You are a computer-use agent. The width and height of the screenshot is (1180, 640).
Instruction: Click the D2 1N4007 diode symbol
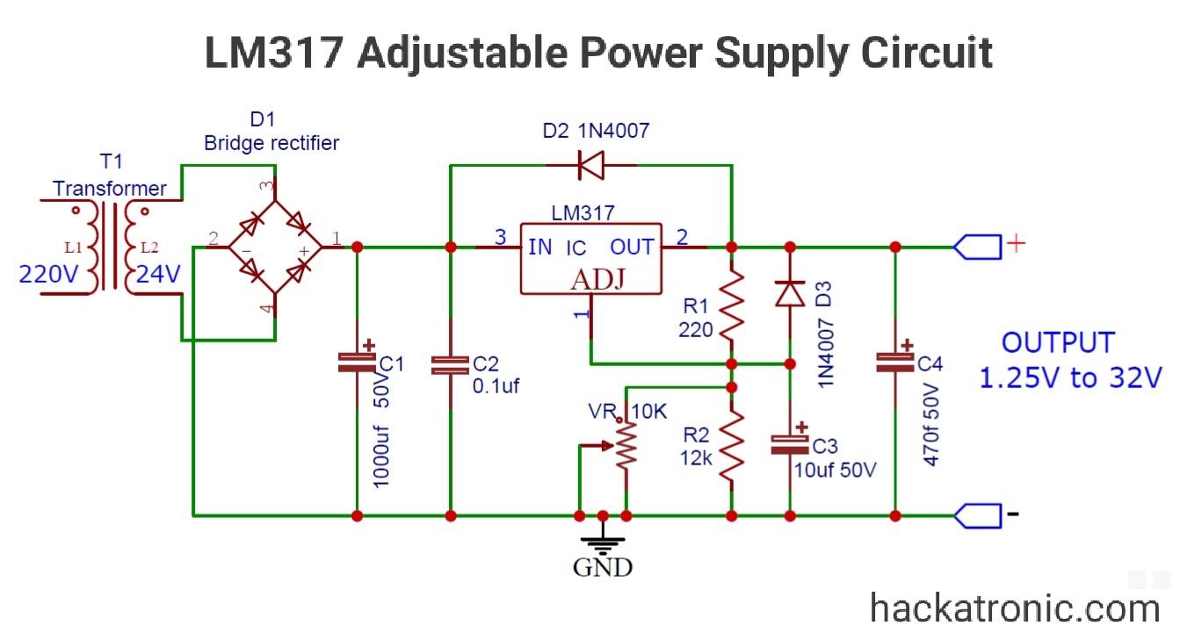(x=591, y=165)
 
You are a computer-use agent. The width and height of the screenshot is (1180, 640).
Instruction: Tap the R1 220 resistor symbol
(x=731, y=303)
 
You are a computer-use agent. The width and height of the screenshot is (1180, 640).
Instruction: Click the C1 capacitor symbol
(x=357, y=363)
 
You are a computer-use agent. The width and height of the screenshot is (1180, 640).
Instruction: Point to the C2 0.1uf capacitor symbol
(x=450, y=365)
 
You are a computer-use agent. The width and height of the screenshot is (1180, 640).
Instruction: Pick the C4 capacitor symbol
(x=895, y=362)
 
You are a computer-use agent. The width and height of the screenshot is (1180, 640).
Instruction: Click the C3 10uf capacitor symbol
(x=789, y=443)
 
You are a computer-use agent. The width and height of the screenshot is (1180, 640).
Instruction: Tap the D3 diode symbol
(x=789, y=292)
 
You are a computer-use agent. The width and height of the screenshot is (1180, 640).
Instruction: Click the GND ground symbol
(x=603, y=539)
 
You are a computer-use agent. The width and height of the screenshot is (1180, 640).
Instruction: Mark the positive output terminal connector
(x=977, y=247)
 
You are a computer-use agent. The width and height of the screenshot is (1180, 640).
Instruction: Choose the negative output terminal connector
(x=977, y=515)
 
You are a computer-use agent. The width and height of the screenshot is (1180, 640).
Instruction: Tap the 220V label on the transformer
(x=49, y=275)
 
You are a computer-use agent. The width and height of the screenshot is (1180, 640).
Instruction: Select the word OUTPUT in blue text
(x=1058, y=343)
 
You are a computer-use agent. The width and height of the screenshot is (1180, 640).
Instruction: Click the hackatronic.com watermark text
(x=1014, y=608)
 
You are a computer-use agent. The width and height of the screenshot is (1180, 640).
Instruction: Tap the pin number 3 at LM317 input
(x=500, y=236)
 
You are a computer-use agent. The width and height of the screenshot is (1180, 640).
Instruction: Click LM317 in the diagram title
(x=274, y=53)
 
